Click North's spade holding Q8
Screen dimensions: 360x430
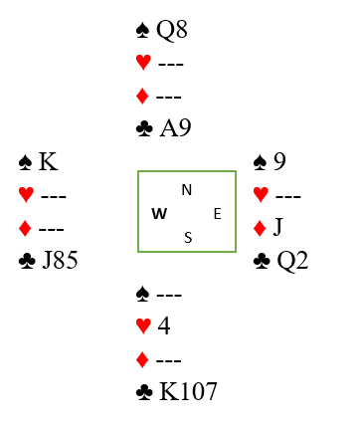[172, 30]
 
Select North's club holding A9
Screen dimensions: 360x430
[175, 127]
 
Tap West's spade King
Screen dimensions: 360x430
[49, 161]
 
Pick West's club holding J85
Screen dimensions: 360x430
[61, 260]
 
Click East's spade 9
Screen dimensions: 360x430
[279, 161]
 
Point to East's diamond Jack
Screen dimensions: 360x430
[277, 227]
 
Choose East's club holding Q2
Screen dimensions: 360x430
[292, 261]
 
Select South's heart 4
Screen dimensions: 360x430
[164, 325]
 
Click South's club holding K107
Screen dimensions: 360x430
[188, 391]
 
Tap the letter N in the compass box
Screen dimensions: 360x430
[187, 190]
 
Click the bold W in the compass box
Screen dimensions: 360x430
[159, 214]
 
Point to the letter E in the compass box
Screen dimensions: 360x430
[218, 214]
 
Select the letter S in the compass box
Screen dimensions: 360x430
[188, 238]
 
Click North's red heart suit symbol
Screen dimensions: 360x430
[143, 63]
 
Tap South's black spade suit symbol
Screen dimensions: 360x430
[143, 294]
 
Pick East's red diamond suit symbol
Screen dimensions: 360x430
[260, 228]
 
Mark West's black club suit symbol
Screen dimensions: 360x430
[27, 261]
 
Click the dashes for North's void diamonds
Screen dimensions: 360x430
[168, 98]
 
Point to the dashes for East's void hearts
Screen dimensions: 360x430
[288, 196]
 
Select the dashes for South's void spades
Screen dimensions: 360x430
[169, 295]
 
